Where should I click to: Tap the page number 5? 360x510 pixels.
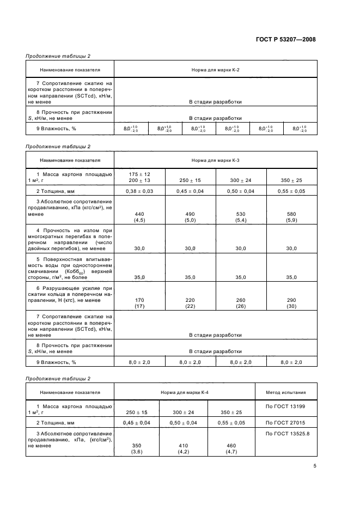click(x=314, y=465)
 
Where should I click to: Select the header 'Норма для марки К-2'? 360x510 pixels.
click(x=215, y=70)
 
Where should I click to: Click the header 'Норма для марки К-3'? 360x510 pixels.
click(x=215, y=161)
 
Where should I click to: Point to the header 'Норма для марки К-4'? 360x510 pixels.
click(x=185, y=392)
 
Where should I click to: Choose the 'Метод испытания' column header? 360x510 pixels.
click(x=285, y=392)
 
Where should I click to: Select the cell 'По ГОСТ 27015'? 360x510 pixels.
click(x=285, y=422)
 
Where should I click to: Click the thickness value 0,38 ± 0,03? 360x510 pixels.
click(x=139, y=191)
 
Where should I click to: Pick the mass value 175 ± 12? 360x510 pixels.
click(x=139, y=174)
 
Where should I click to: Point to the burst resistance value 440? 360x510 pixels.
click(x=139, y=214)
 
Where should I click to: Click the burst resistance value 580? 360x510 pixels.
click(x=291, y=214)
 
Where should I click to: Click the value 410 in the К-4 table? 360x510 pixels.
click(x=185, y=445)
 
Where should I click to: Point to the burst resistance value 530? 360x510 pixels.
click(x=241, y=214)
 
